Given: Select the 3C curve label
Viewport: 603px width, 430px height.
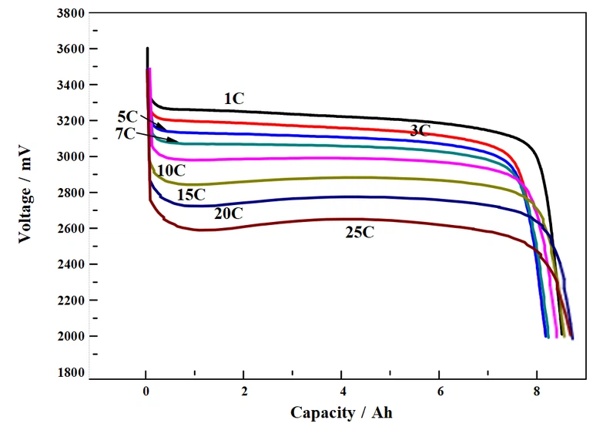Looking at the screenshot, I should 420,131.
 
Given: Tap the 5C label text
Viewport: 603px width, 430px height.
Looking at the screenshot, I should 128,117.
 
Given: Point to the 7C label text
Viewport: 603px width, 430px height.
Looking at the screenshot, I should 125,133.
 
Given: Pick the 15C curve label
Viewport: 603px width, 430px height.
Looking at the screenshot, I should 191,195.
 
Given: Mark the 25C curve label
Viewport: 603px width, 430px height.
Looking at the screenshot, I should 360,232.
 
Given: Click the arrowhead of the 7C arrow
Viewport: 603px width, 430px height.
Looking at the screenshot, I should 177,142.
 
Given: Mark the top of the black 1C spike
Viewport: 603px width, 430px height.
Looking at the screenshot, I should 147,49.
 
